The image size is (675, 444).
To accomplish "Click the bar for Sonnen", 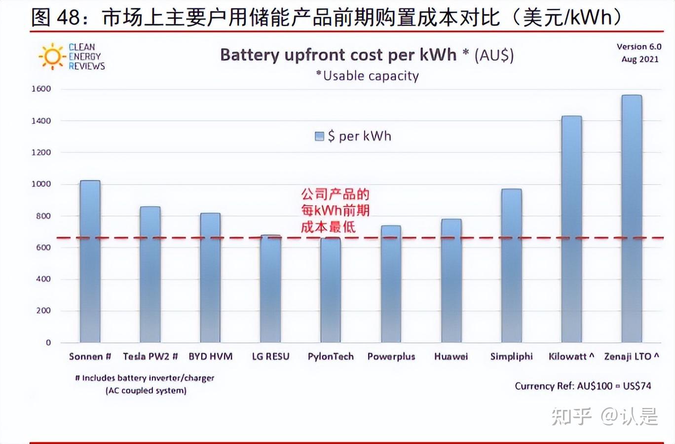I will (90, 261).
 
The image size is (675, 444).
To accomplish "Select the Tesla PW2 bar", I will (150, 274).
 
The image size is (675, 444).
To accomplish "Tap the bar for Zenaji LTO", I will (632, 219).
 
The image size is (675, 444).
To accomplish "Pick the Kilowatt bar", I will (571, 229).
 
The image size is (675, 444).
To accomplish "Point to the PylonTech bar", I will (331, 290).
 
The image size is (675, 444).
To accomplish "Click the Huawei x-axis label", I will (451, 356).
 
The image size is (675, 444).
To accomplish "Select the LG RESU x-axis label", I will (270, 356).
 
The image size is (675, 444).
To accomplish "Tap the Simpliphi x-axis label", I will (512, 356).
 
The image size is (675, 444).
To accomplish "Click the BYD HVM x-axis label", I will (211, 356).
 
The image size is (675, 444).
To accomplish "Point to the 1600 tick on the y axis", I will (41, 89).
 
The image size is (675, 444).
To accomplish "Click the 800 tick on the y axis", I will (43, 216).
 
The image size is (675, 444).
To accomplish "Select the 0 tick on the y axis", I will (48, 342).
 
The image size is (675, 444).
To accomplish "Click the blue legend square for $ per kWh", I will (319, 136).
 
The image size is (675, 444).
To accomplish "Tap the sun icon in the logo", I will (52, 57).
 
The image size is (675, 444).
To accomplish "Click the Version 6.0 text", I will (639, 46).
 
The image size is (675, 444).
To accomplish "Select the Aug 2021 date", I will (640, 59).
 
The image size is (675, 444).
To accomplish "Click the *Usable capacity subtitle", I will (368, 76).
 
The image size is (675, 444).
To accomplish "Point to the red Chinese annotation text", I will (336, 210).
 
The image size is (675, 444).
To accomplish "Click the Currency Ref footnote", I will (583, 386).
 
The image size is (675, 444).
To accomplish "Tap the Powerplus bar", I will (391, 284).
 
